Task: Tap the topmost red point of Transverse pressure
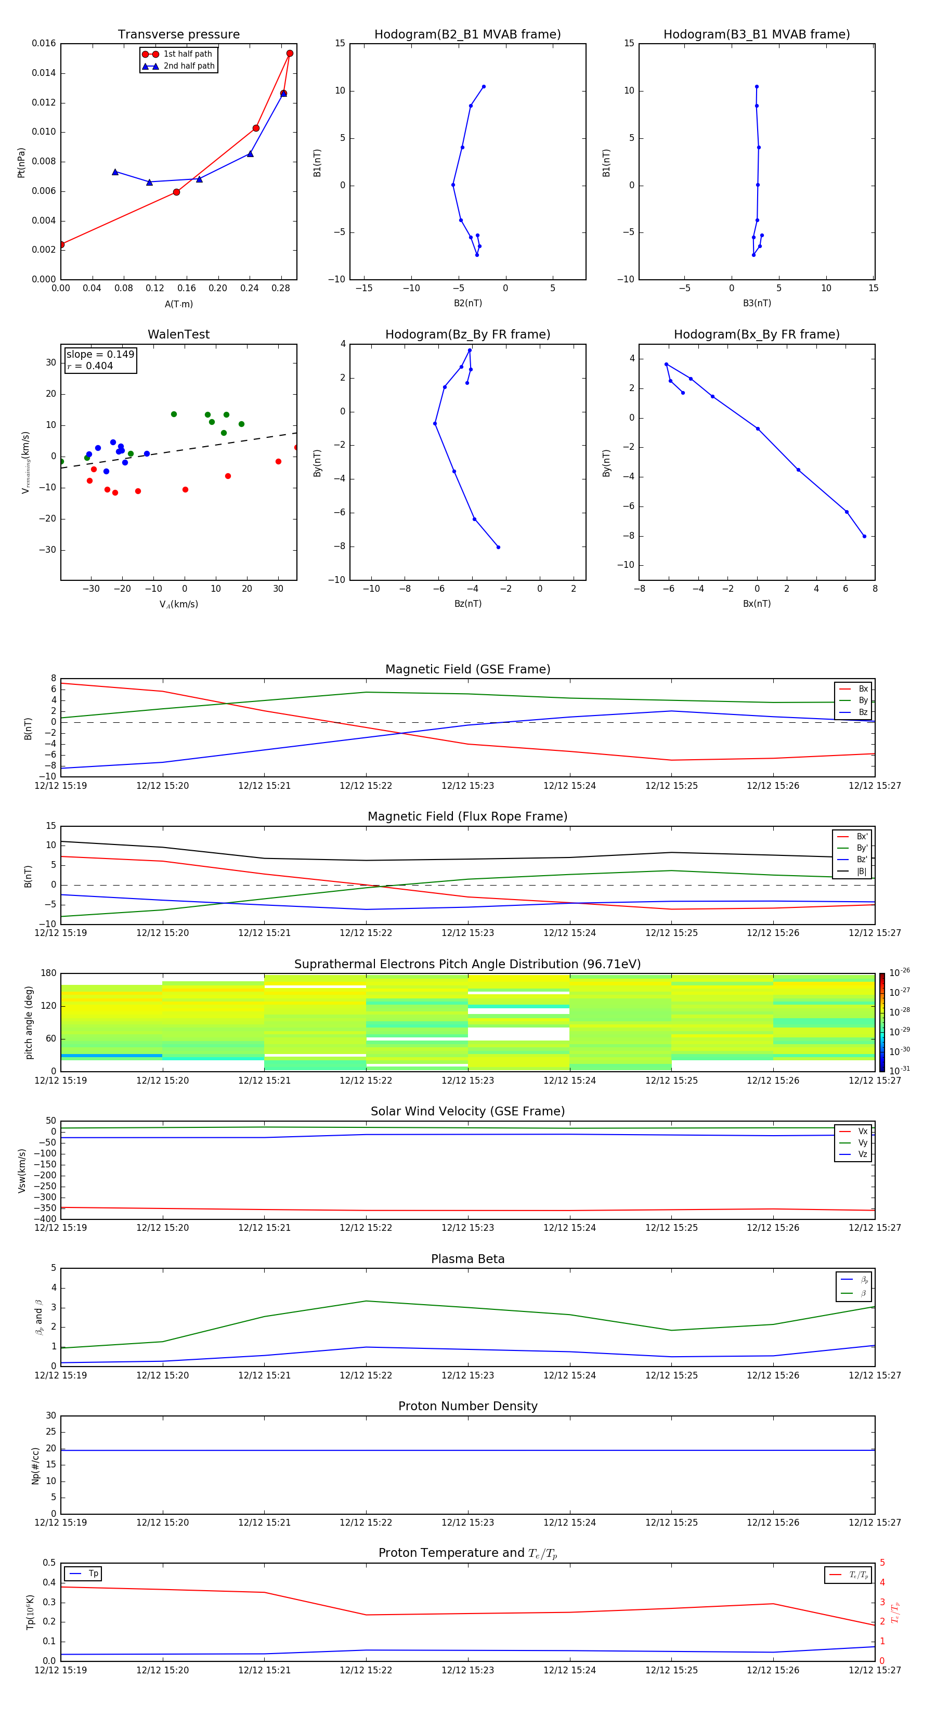tap(290, 53)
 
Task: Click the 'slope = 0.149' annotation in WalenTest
tap(100, 355)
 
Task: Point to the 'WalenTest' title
tap(178, 334)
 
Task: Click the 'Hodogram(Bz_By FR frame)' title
tap(467, 334)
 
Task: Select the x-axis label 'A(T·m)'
tap(178, 304)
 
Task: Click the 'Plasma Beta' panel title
tap(467, 1259)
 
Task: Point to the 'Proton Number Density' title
tap(467, 1406)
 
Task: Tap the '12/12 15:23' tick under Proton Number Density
tap(467, 1522)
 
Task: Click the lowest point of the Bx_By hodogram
tap(865, 536)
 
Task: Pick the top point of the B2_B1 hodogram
tap(484, 87)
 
